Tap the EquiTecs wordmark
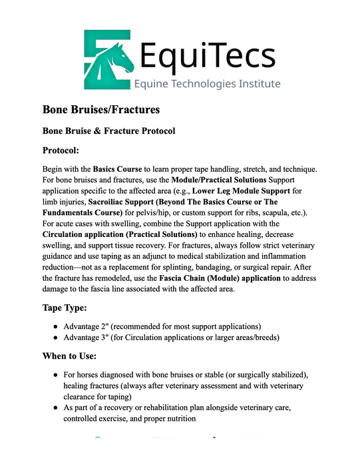207,54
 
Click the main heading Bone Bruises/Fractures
101,109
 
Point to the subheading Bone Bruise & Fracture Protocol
108,130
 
